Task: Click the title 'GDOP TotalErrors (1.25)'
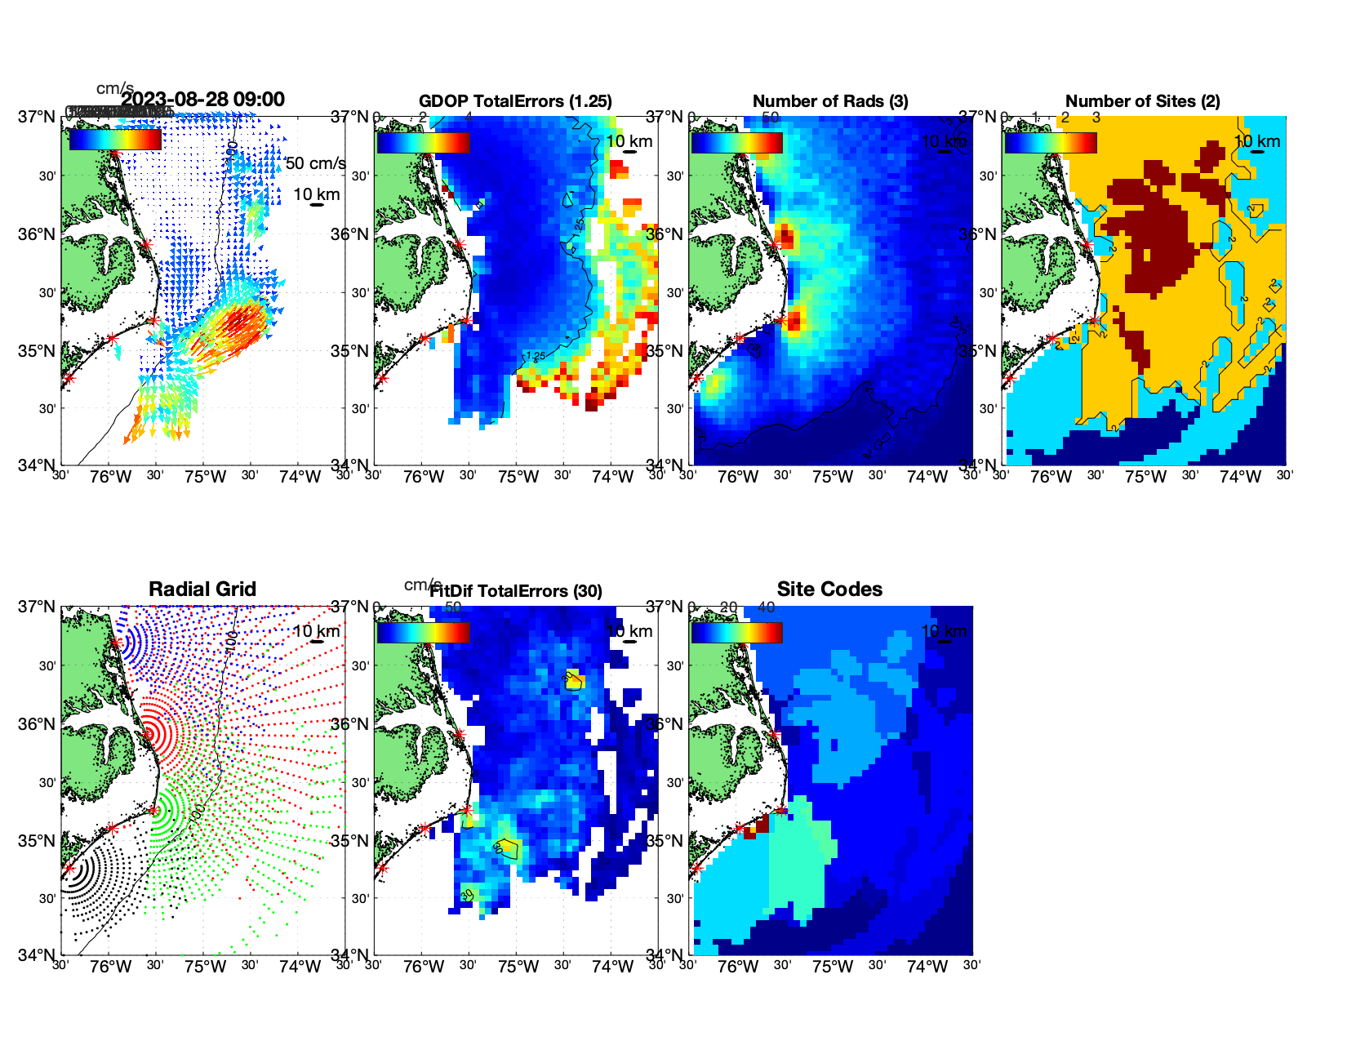[x=515, y=101]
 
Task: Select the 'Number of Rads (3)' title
[x=830, y=101]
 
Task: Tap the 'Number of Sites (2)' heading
[x=1142, y=101]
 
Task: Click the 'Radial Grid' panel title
[x=202, y=589]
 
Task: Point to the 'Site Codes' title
[x=829, y=589]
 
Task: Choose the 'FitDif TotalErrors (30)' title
[x=516, y=591]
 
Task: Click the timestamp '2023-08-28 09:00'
[x=203, y=100]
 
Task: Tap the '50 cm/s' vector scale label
[x=316, y=163]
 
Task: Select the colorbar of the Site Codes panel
[x=736, y=632]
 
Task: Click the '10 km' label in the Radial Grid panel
[x=316, y=631]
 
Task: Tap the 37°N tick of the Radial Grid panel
[x=38, y=607]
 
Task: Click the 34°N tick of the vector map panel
[x=38, y=465]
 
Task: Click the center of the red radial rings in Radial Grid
[x=149, y=734]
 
